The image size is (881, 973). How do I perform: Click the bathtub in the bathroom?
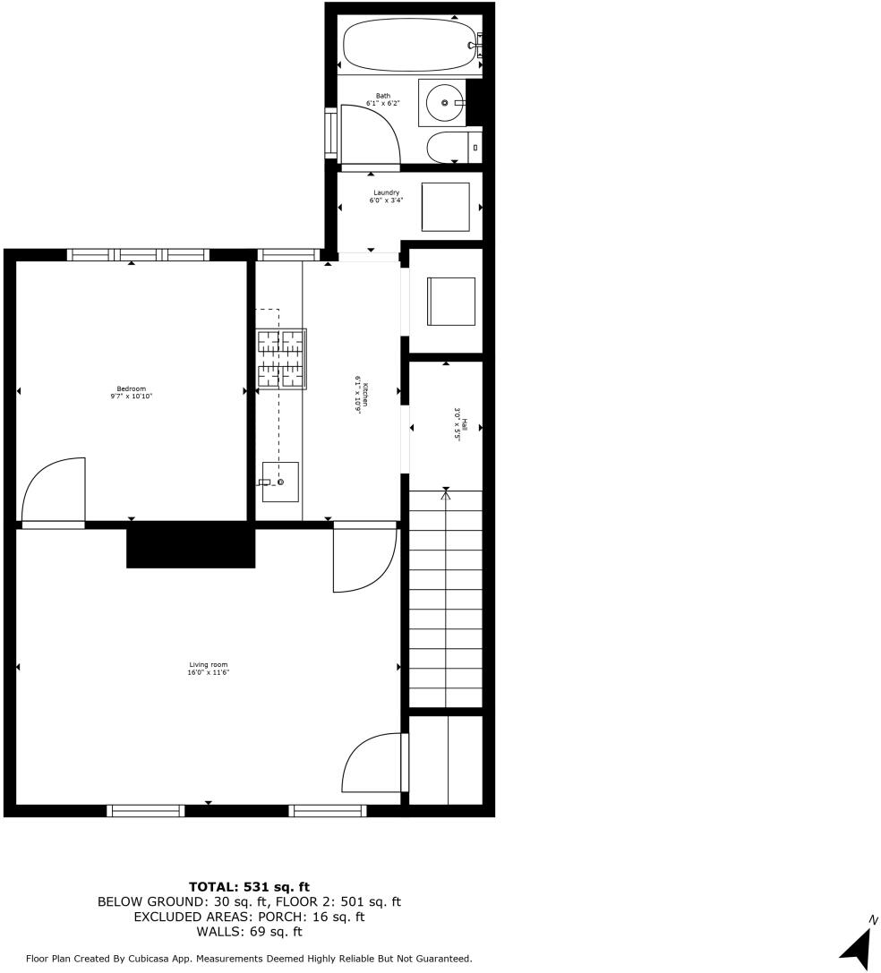point(408,45)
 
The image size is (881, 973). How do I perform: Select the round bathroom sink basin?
point(444,103)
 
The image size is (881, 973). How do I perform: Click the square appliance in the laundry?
point(445,206)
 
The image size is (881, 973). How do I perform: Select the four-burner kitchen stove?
point(282,359)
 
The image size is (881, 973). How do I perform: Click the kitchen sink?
point(280,482)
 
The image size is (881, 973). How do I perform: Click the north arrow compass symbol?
point(858,946)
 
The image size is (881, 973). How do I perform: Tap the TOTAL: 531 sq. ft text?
point(249,887)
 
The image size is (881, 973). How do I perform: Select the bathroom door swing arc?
point(371,134)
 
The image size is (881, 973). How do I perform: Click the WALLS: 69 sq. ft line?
point(249,932)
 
